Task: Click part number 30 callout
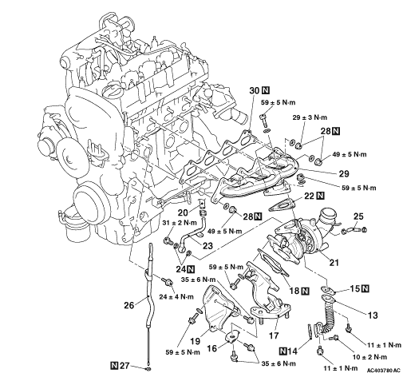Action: click(x=254, y=90)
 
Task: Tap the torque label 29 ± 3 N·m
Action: click(x=310, y=117)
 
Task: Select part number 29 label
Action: click(x=343, y=173)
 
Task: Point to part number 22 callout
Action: click(x=309, y=196)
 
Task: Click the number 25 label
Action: click(x=358, y=216)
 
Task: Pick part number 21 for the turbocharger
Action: click(x=334, y=263)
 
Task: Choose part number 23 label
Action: click(x=207, y=245)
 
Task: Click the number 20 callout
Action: click(x=183, y=212)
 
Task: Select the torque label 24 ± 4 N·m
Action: click(x=176, y=296)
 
